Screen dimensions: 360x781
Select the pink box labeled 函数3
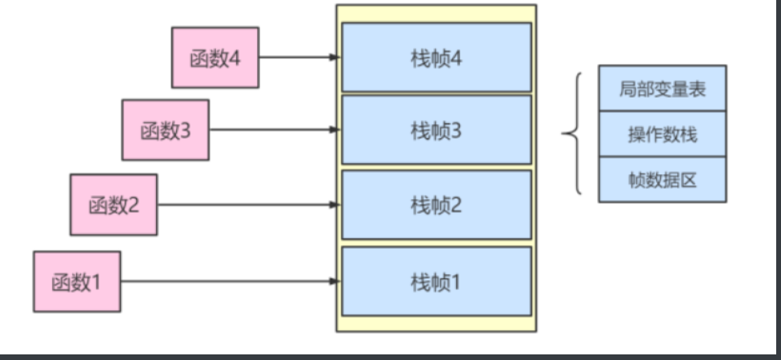pos(166,130)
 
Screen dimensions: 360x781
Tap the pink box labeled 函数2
pos(114,204)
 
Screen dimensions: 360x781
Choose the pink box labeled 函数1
pos(77,281)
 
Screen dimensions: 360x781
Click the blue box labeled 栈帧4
pos(436,57)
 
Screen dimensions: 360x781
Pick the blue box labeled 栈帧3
pos(436,130)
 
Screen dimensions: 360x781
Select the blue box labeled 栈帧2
pos(436,205)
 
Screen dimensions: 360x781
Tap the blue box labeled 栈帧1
pos(436,281)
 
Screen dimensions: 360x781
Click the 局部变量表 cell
pos(663,88)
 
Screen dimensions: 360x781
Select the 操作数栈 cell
pos(663,134)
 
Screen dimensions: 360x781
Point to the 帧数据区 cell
pos(663,179)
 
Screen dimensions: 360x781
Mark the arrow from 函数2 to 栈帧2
pos(248,205)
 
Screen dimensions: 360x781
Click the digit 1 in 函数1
pos(97,281)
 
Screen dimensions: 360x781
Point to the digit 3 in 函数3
pos(185,130)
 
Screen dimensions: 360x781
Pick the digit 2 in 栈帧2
pos(456,205)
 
